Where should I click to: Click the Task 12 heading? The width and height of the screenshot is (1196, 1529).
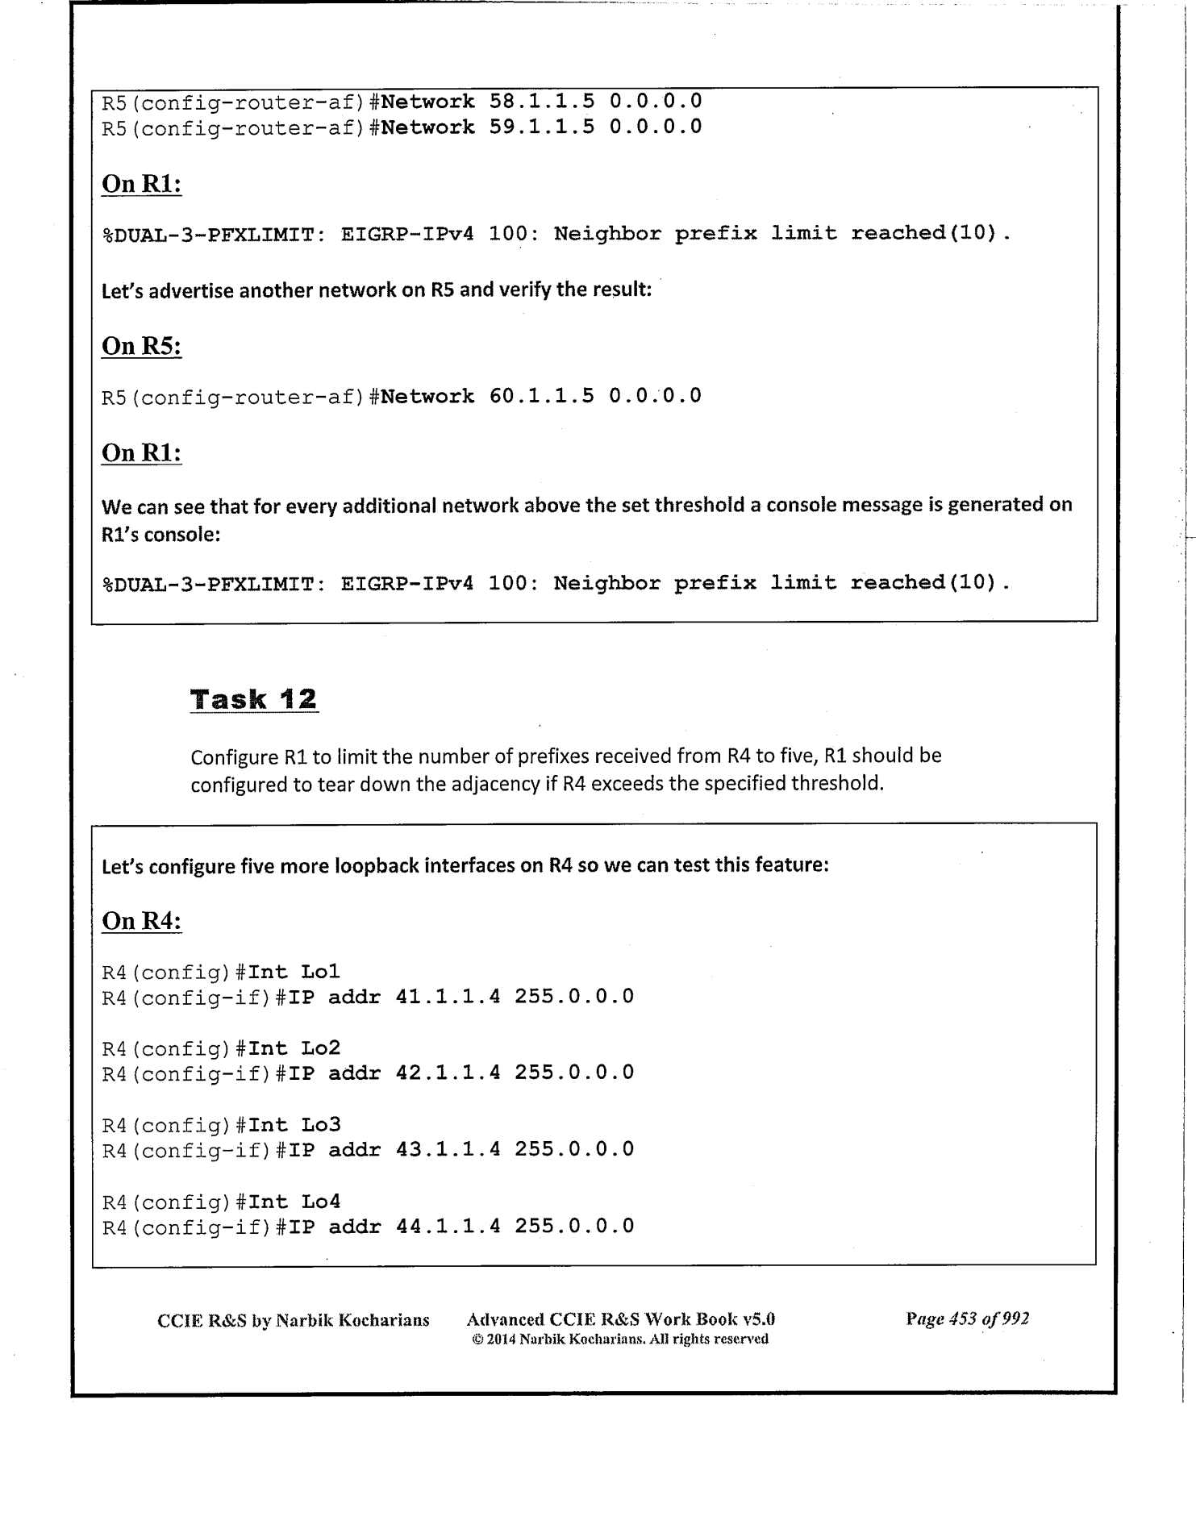pyautogui.click(x=253, y=698)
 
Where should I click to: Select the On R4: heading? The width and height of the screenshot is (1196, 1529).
pyautogui.click(x=141, y=920)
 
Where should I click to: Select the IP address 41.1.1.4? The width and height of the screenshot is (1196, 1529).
pyautogui.click(x=448, y=996)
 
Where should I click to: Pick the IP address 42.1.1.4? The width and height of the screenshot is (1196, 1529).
pyautogui.click(x=448, y=1073)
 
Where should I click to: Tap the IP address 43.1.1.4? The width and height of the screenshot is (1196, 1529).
pyautogui.click(x=448, y=1148)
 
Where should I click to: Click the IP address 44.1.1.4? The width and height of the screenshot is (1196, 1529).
pyautogui.click(x=448, y=1226)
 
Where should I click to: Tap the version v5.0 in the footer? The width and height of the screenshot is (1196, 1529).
pyautogui.click(x=759, y=1320)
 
